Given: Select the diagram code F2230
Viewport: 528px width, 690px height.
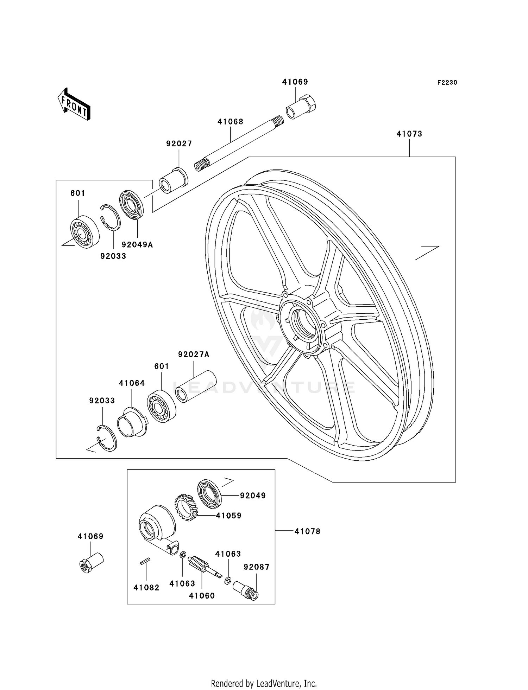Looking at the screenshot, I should pos(447,83).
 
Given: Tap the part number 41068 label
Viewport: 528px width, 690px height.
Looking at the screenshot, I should pos(230,122).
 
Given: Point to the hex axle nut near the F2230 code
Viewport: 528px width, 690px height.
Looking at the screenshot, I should pos(302,107).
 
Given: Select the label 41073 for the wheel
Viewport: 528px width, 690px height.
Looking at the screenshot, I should pos(409,134).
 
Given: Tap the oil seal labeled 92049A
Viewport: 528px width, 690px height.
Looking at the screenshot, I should pos(132,205).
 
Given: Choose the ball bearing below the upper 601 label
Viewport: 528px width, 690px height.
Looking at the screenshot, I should pos(84,231).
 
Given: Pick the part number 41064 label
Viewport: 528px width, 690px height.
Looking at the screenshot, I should pos(132,383).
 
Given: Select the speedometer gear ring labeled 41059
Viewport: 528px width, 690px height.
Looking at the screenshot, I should pos(186,507).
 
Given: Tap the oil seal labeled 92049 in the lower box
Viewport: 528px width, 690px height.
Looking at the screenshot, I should pos(209,494).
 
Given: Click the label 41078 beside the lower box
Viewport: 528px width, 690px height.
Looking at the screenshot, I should pos(307,531).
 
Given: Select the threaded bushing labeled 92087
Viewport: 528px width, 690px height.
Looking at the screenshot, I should pos(246,591).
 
